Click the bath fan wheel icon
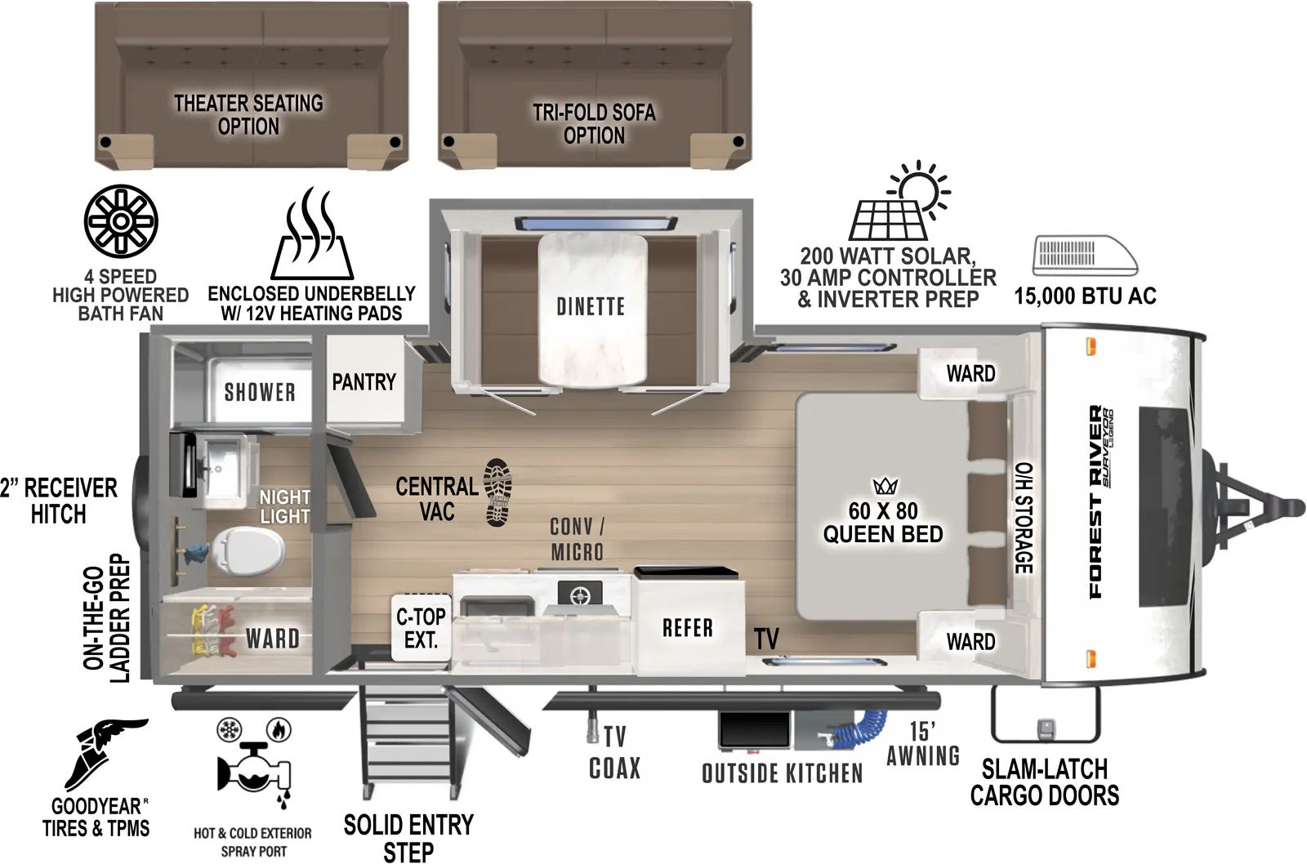click(x=121, y=221)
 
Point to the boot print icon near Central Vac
click(x=497, y=492)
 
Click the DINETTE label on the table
click(x=591, y=307)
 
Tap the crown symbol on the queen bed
click(x=885, y=487)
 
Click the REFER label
click(x=688, y=628)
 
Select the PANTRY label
click(x=364, y=382)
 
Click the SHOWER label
click(x=260, y=393)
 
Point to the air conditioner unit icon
click(x=1085, y=256)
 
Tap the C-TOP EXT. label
click(x=421, y=629)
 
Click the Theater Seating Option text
click(x=248, y=115)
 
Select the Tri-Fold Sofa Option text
click(x=594, y=124)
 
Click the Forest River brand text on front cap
click(x=1095, y=502)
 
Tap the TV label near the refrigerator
click(x=766, y=639)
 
